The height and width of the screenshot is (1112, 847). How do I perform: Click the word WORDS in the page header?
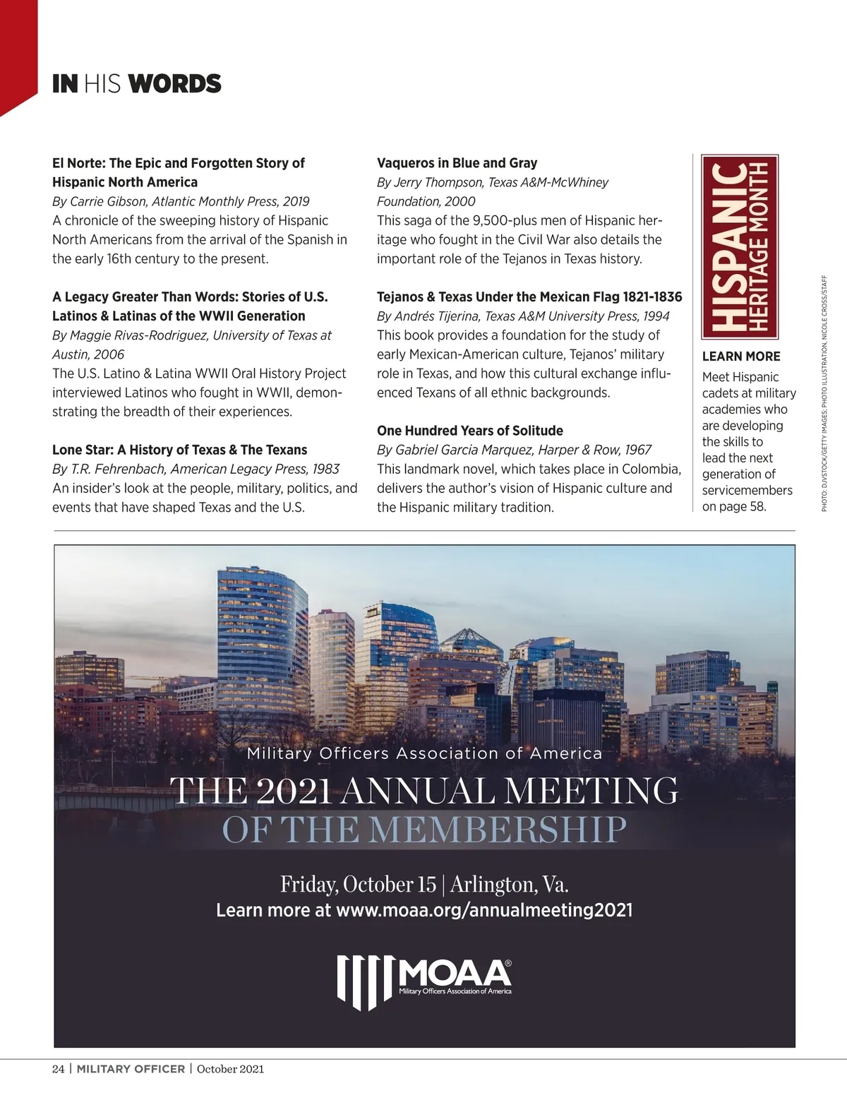click(175, 84)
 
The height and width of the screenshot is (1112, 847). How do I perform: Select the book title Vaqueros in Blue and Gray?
click(457, 163)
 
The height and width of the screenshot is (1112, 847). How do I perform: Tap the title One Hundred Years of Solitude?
click(469, 431)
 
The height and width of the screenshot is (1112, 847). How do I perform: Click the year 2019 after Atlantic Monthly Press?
click(296, 201)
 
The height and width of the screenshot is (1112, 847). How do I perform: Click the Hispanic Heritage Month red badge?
click(739, 247)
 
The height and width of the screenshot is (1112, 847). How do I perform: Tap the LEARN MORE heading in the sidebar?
click(740, 357)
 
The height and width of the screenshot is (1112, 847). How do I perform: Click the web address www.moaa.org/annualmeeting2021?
click(484, 910)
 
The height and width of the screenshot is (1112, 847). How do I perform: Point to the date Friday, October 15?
click(358, 884)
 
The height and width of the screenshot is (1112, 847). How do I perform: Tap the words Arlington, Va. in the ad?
click(509, 884)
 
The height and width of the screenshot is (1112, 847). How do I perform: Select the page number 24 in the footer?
click(58, 1069)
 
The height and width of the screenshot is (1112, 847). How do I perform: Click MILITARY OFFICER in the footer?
click(131, 1069)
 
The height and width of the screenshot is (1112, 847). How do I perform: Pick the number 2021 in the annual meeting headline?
click(293, 791)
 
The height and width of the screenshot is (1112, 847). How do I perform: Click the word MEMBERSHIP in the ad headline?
click(498, 830)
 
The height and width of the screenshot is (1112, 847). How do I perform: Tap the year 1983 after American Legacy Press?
click(325, 469)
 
